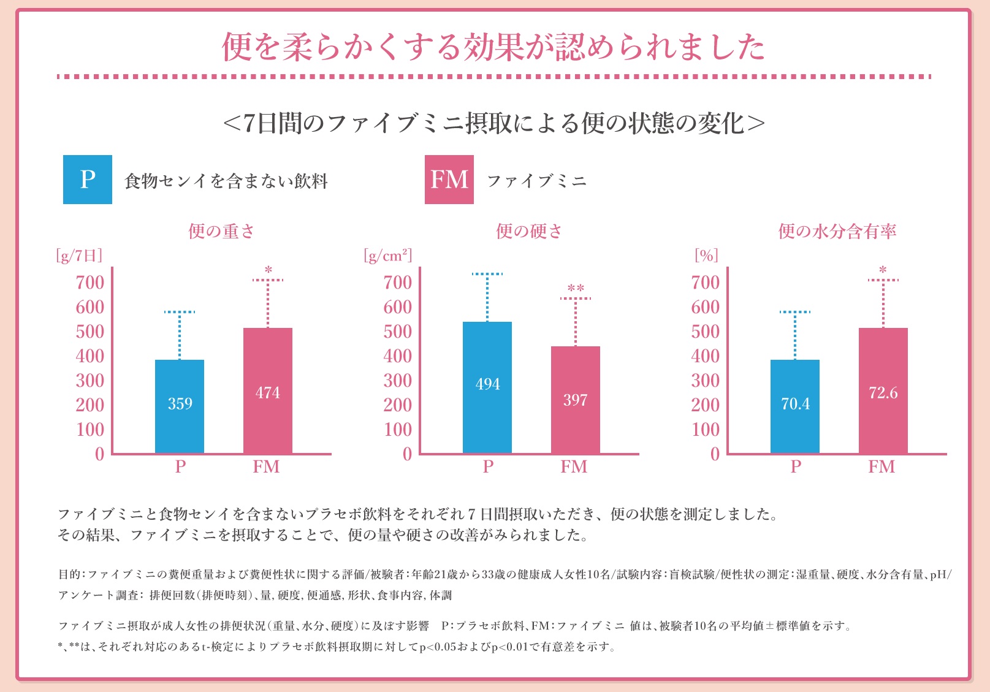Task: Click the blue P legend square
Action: coord(88,180)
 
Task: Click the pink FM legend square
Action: coord(449,180)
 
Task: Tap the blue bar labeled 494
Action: coord(487,387)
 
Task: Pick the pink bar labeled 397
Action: coord(575,400)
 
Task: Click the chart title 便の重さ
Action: coord(221,231)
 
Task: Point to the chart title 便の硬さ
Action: coord(529,231)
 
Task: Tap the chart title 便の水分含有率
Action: coord(837,231)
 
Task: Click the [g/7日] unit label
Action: coord(79,255)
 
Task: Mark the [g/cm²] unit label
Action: coord(388,255)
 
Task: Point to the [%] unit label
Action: coord(706,255)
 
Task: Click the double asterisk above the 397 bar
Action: coord(576,288)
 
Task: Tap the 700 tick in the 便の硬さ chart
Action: coord(398,283)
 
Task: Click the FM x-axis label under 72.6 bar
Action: coord(881,467)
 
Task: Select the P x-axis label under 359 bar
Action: coord(180,467)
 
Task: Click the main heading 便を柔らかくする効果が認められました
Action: coord(493,47)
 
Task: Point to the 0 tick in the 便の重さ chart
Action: coord(99,454)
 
